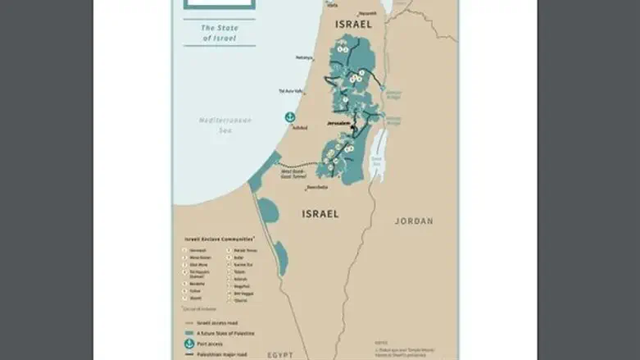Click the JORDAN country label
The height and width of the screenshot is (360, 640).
(414, 221)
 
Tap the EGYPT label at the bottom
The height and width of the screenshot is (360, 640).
(280, 353)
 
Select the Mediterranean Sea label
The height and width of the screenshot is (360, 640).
(225, 124)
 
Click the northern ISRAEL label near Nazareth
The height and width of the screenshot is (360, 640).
(353, 25)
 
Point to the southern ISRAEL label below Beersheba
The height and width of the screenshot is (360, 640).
(320, 214)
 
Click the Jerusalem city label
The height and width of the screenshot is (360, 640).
(338, 124)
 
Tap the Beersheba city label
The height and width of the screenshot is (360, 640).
(317, 188)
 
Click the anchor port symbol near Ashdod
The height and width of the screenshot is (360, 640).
(289, 118)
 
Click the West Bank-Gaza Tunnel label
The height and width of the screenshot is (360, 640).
(293, 173)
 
